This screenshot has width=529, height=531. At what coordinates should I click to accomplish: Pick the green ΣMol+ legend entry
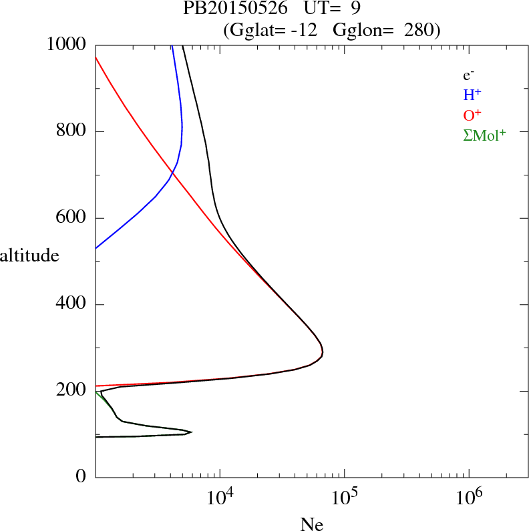484,135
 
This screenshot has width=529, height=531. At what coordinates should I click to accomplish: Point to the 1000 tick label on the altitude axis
67,45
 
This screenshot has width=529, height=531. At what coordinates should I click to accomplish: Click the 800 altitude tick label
73,131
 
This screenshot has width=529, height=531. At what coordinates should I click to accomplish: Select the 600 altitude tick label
73,218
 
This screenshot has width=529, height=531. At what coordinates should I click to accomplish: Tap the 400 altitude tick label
73,305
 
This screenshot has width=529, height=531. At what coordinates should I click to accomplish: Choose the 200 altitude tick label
73,391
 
